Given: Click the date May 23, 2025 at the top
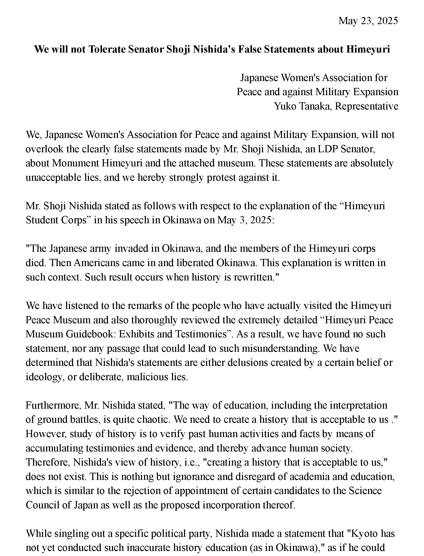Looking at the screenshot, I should [x=368, y=21].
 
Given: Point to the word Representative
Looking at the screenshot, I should [x=367, y=106].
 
